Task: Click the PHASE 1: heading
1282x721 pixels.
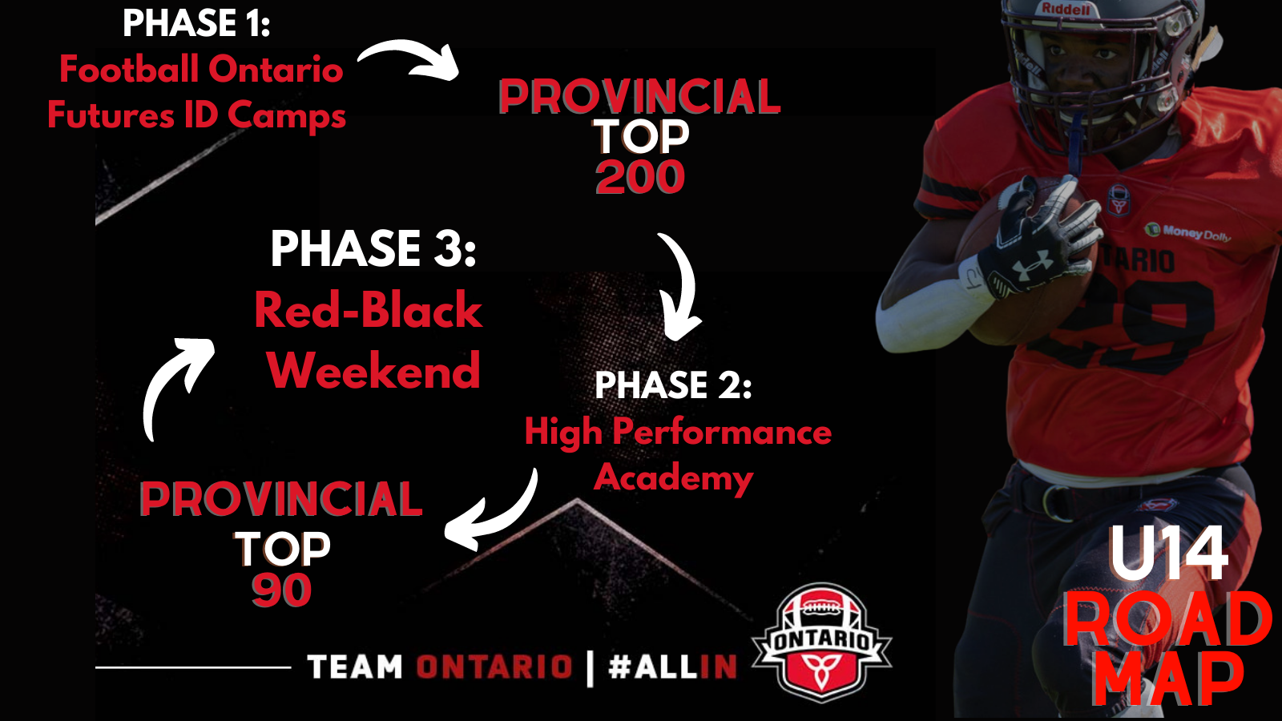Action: point(196,23)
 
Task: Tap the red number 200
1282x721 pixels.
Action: point(640,177)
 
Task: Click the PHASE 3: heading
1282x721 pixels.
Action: point(373,248)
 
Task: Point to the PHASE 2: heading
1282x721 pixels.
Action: point(673,385)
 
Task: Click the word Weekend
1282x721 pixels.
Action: point(374,370)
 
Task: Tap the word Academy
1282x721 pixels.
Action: point(674,477)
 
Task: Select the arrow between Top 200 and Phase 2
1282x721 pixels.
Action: point(684,286)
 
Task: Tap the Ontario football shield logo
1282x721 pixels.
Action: point(821,642)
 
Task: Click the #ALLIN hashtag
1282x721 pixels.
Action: point(672,667)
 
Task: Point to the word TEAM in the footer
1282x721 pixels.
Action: point(355,667)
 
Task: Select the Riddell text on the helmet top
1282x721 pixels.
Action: point(1066,9)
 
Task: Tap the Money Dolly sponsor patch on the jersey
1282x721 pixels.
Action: point(1187,232)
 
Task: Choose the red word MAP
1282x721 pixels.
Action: point(1167,680)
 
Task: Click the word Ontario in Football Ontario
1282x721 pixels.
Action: point(276,69)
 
